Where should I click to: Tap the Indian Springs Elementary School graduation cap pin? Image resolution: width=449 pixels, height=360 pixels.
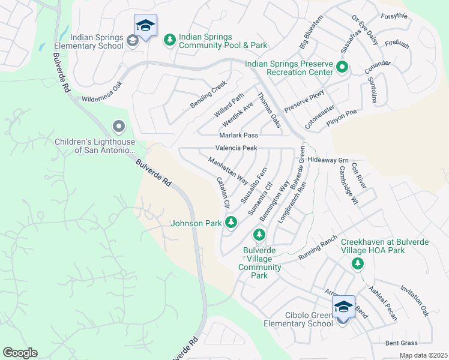click(x=145, y=26)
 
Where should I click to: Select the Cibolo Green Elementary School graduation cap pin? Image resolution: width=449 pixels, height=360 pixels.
click(x=343, y=308)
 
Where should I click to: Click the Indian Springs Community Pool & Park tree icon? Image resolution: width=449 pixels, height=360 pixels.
click(x=170, y=40)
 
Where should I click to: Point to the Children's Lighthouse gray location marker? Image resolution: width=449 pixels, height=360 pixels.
click(x=118, y=127)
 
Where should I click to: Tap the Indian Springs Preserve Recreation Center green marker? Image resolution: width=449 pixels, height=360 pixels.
click(x=342, y=67)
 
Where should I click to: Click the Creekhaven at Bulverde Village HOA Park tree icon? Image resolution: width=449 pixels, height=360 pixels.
click(x=357, y=263)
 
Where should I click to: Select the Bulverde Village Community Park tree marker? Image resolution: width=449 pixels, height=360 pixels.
click(x=259, y=234)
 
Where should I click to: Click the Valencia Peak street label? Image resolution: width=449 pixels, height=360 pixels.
click(x=237, y=148)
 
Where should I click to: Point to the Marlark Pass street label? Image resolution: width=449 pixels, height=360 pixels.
click(x=238, y=136)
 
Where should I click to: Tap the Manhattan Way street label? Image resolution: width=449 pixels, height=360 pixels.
click(x=228, y=170)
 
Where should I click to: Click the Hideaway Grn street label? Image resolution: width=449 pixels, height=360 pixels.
click(x=328, y=161)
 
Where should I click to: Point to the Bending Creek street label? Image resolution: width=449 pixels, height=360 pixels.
click(x=209, y=94)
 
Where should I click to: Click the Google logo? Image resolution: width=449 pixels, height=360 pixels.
click(x=19, y=353)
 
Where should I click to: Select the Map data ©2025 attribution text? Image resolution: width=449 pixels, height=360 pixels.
click(x=423, y=355)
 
